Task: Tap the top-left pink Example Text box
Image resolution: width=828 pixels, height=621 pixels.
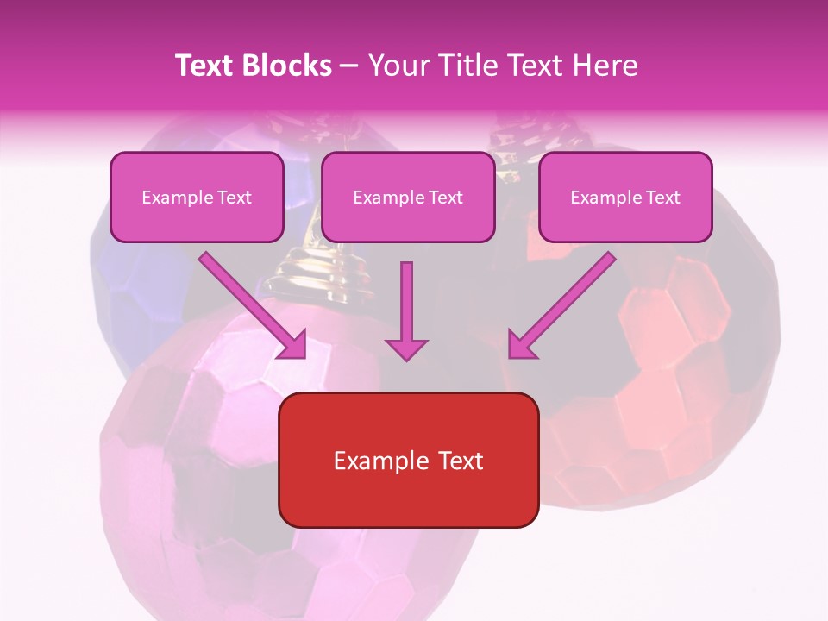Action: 197,198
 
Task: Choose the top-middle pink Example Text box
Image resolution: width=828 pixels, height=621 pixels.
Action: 408,198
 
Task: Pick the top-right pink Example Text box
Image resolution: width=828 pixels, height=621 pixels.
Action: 625,198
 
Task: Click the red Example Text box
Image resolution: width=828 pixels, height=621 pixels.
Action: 409,461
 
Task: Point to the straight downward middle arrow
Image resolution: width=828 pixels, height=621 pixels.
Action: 406,302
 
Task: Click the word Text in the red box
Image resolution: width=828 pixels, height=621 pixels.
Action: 457,461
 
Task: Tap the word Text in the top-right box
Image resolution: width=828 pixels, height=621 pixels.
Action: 662,198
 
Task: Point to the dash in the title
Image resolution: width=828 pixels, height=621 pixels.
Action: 349,66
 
